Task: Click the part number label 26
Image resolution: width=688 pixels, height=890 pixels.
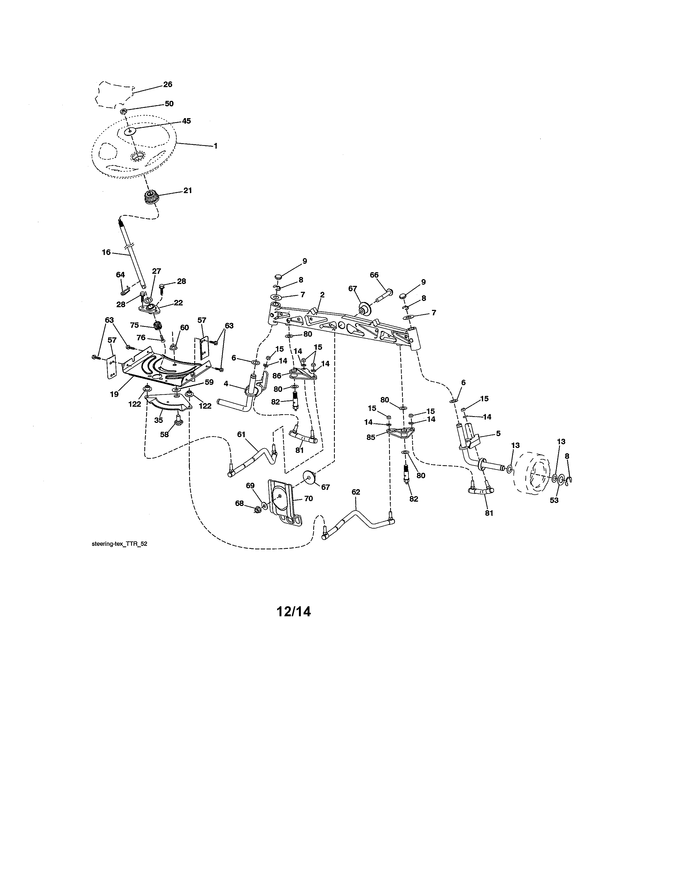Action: (x=168, y=84)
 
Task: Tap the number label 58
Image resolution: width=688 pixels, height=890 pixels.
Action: (x=164, y=434)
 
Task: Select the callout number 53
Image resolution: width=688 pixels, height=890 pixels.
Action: (x=554, y=500)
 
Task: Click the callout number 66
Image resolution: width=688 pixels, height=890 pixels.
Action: (x=374, y=275)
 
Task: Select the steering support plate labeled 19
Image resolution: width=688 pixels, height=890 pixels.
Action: (x=163, y=367)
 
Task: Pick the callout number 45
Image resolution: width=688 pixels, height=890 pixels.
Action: (x=186, y=121)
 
